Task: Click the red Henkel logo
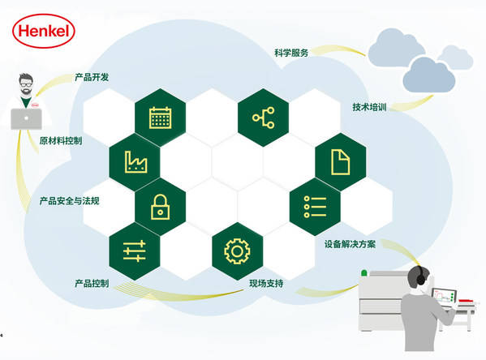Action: point(43,31)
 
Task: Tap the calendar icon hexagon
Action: point(161,118)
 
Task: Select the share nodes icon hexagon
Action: point(263,118)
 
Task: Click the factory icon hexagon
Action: point(135,161)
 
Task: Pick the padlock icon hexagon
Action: point(161,207)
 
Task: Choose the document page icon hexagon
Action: point(341,161)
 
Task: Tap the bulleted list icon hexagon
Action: point(315,207)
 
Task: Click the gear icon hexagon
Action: point(238,251)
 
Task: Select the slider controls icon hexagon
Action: point(135,251)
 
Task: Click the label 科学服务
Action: point(291,53)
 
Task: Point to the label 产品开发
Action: point(92,77)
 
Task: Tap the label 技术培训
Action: point(369,107)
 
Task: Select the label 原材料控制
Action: point(61,141)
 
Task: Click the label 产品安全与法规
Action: point(70,201)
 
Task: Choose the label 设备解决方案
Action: point(350,244)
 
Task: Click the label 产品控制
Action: point(92,284)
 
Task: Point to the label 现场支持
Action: point(266,284)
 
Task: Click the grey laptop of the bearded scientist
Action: point(26,119)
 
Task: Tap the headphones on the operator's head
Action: point(420,276)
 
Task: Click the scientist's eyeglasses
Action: point(26,84)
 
